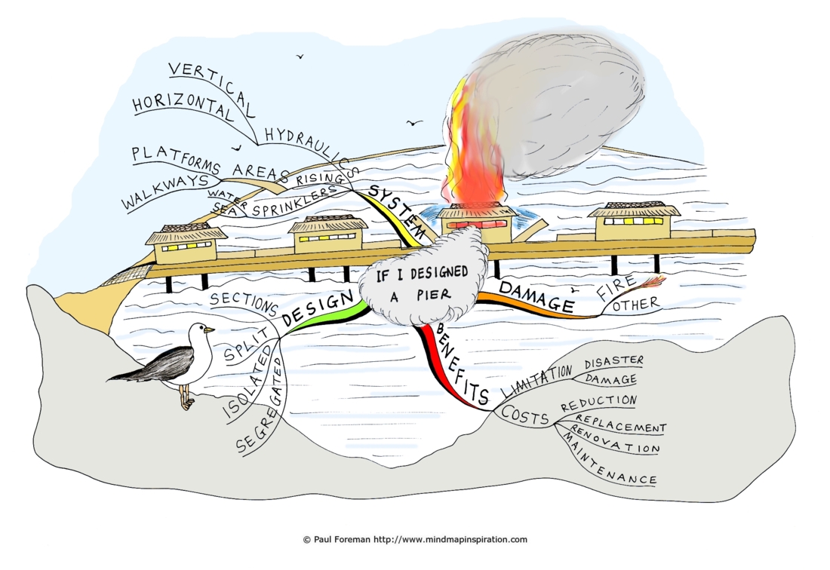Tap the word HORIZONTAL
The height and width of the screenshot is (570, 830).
[x=183, y=105]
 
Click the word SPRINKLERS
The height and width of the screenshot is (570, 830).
[x=294, y=201]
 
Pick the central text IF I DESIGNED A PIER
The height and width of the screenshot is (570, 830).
[x=421, y=284]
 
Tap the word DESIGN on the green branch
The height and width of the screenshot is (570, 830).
[x=318, y=308]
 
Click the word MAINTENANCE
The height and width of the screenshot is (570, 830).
[x=609, y=460]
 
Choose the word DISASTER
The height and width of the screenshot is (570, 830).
[x=614, y=363]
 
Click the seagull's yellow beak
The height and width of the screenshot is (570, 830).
[x=210, y=330]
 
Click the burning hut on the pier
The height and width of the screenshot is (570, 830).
[x=476, y=222]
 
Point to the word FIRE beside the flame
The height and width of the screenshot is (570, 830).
[x=616, y=288]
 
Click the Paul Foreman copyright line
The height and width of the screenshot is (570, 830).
[x=415, y=539]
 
